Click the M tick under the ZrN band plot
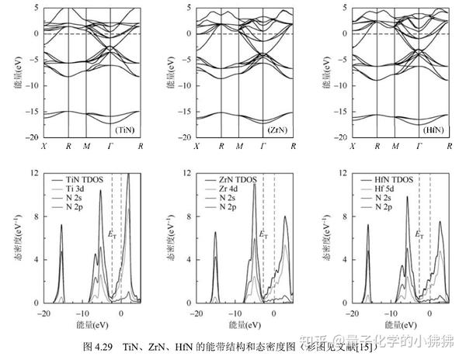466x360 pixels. (x=239, y=146)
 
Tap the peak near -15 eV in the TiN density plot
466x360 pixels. (x=61, y=227)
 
